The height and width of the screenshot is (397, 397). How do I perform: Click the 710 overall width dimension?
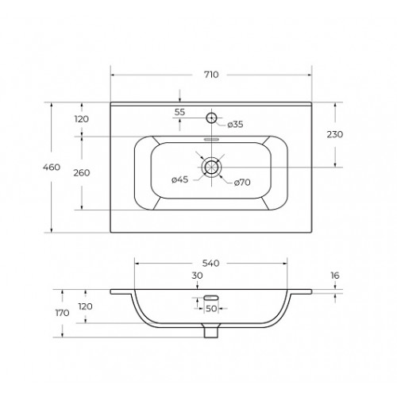coord(211,75)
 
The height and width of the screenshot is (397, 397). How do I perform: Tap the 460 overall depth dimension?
coord(52,168)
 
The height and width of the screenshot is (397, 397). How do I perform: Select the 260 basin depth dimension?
coord(82,173)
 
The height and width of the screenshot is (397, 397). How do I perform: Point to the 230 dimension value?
coord(335,134)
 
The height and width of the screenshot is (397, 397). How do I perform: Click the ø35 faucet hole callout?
coord(235,124)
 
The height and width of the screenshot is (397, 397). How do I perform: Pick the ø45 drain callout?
coord(180,179)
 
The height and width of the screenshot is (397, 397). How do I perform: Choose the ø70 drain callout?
coord(242,182)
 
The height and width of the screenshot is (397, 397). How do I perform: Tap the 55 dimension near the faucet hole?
coord(179,112)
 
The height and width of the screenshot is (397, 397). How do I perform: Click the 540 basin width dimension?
coord(211,264)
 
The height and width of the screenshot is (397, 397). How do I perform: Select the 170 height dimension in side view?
coord(63,313)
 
